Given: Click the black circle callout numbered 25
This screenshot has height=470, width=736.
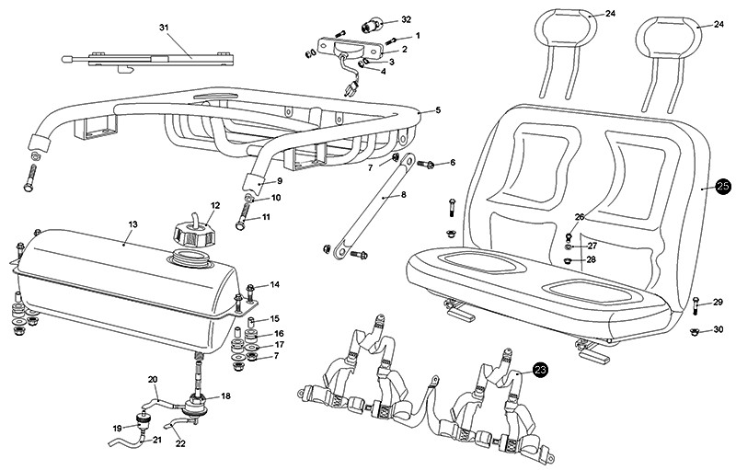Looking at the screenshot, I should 722,186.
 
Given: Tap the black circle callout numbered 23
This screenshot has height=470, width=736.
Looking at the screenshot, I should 540,370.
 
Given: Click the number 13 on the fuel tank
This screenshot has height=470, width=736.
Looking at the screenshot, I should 132,224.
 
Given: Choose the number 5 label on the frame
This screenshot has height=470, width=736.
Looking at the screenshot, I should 438,110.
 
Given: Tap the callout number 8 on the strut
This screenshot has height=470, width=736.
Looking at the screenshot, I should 403,195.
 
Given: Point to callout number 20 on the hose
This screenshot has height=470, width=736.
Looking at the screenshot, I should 154,380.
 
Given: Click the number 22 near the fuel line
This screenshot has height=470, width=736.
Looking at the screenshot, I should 180,444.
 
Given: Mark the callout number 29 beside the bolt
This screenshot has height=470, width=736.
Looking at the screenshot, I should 719,302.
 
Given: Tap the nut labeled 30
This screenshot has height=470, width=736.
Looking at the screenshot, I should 696,332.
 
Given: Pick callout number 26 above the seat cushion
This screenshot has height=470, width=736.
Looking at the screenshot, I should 580,217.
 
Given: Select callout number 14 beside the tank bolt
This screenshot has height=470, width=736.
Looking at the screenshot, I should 274,284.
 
